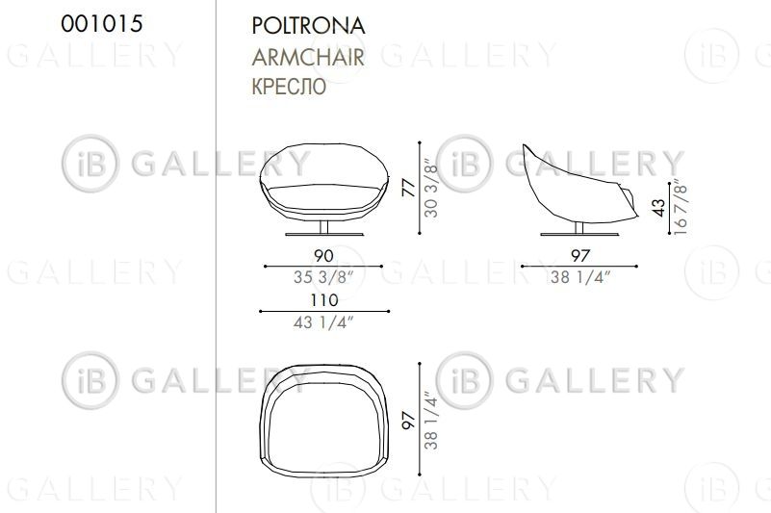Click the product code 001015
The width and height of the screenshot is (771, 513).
[x=102, y=24]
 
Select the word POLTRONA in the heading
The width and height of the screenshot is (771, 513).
[x=308, y=26]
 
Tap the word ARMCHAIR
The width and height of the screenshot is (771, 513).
[x=308, y=57]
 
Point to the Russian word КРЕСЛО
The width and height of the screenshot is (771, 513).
[x=289, y=87]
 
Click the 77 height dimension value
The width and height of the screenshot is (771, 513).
[x=409, y=189]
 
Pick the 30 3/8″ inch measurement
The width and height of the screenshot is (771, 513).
[x=430, y=188]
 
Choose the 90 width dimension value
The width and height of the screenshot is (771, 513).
[x=323, y=255]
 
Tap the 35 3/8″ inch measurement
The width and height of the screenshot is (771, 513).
[x=323, y=277]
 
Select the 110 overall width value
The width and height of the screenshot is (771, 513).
[x=324, y=300]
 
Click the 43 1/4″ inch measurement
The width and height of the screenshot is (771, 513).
[x=323, y=322]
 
